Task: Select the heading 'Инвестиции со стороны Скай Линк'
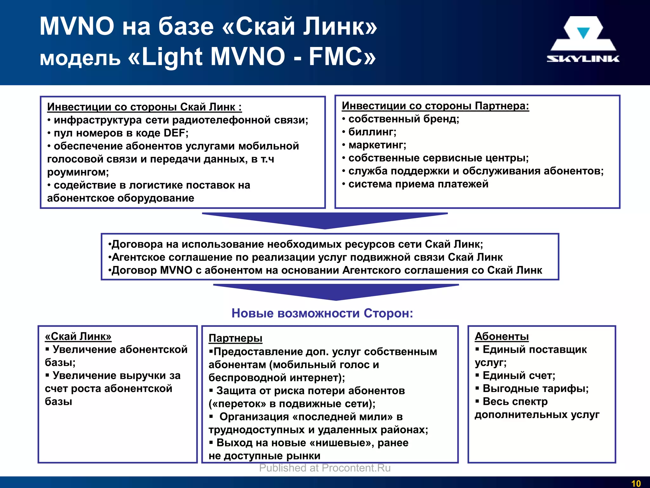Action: click(x=144, y=107)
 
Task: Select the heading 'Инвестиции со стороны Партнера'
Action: click(x=435, y=106)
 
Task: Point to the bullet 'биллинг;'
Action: click(x=372, y=132)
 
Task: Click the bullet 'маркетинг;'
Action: click(x=377, y=145)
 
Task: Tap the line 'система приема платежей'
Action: click(x=418, y=184)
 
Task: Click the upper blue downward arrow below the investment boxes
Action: click(x=325, y=220)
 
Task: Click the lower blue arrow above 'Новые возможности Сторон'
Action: click(x=336, y=292)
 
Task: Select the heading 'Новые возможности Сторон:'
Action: click(x=322, y=313)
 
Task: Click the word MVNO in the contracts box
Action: click(x=176, y=270)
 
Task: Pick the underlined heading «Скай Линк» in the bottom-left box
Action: click(x=78, y=336)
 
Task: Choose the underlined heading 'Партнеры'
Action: click(x=235, y=338)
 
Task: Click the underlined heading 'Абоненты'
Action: click(x=501, y=336)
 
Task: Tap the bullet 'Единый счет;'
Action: click(x=519, y=376)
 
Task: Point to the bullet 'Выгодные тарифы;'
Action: click(x=535, y=389)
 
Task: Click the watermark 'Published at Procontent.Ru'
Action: click(x=325, y=468)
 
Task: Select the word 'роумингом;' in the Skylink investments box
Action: click(x=78, y=172)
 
